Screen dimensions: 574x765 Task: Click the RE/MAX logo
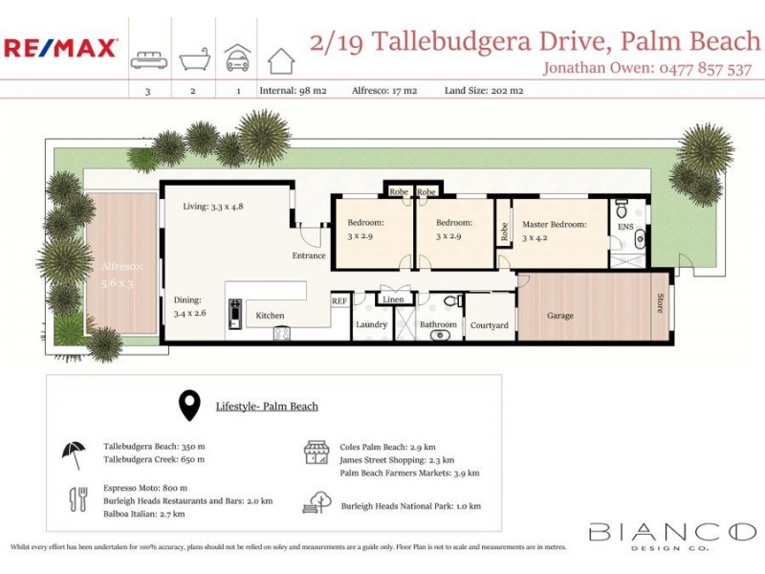point(61,48)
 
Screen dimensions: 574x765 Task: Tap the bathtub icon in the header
point(192,58)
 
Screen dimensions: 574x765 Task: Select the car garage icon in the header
point(236,58)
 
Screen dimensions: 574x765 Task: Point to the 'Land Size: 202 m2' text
point(484,91)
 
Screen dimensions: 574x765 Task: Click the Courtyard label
point(490,325)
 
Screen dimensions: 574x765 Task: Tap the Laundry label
point(371,325)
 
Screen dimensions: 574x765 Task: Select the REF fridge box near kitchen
point(339,300)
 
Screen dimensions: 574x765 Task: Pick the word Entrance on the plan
point(309,255)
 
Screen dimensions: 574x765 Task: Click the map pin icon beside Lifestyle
point(189,406)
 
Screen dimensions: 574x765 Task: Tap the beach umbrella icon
point(74,453)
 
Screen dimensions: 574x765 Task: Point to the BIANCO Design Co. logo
point(671,534)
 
